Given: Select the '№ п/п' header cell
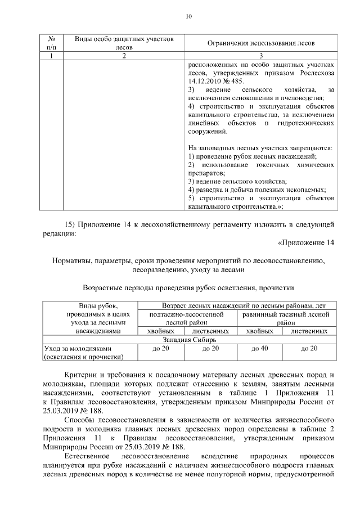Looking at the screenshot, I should pos(52,43).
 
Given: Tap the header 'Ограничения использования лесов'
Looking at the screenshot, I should pos(262,43).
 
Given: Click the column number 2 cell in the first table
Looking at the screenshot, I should pos(124,56).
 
